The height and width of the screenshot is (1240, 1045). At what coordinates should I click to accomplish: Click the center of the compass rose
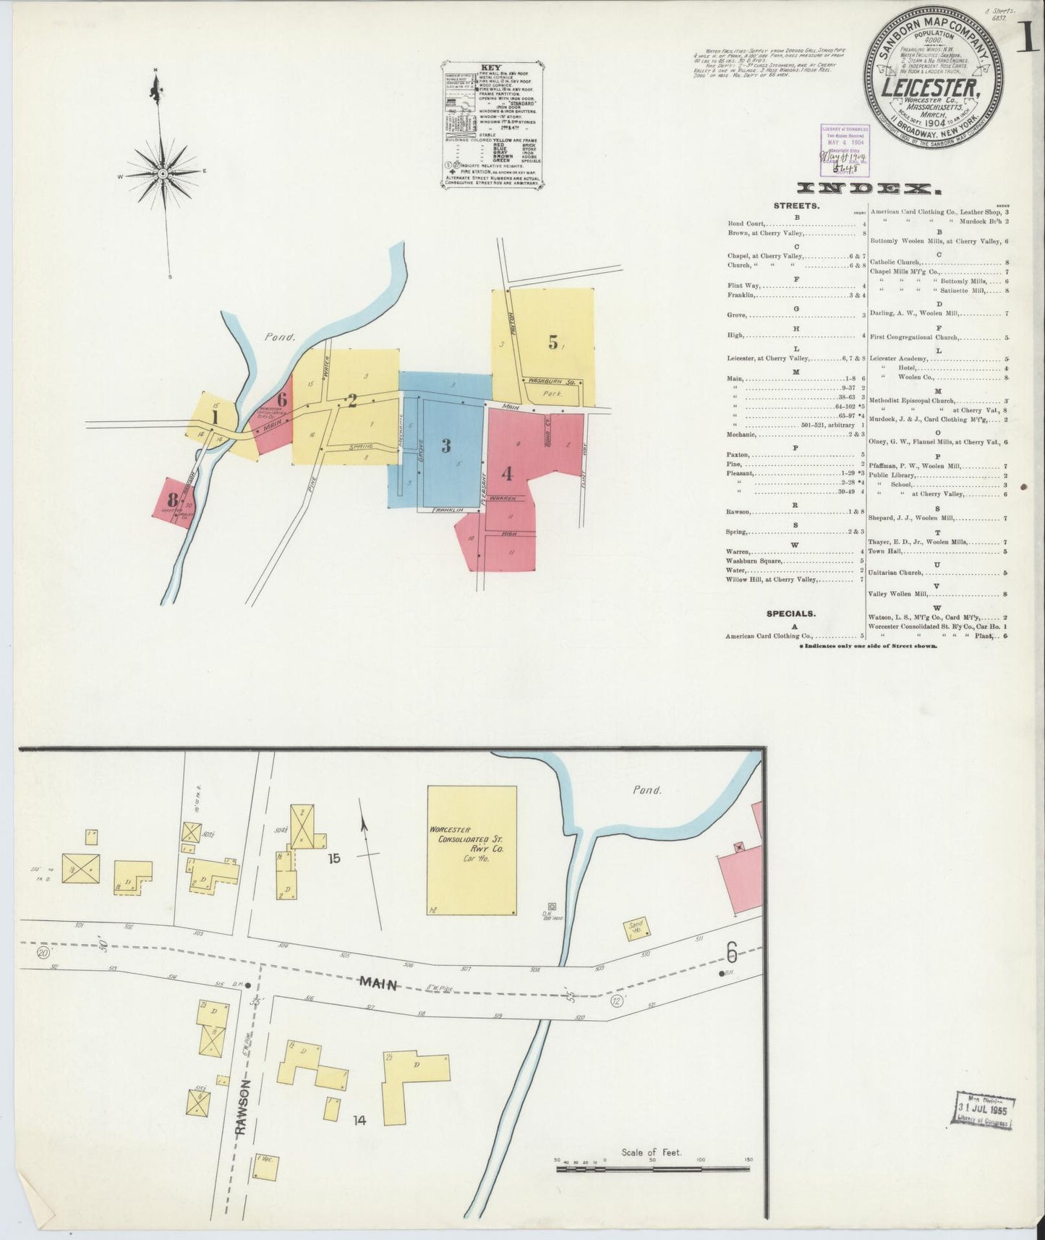163,174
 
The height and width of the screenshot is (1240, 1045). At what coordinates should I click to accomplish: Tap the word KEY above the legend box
491,68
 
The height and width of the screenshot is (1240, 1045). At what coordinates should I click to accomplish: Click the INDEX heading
868,190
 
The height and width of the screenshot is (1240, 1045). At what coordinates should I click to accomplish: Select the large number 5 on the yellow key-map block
553,343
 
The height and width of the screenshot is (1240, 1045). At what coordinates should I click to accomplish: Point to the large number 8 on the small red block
172,499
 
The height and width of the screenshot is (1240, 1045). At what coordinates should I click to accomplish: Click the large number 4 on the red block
507,474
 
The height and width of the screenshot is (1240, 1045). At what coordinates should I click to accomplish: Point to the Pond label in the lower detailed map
647,790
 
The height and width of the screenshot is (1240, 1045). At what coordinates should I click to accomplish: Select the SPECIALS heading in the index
790,613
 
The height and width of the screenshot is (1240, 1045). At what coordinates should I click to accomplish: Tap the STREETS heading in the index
796,205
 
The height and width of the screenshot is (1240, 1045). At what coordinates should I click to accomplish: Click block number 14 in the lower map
359,1141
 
